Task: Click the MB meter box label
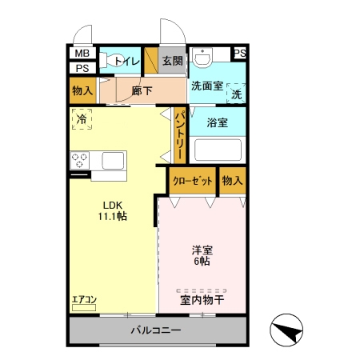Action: (x=82, y=54)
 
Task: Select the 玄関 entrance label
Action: (x=173, y=61)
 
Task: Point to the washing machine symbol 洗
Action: (x=236, y=93)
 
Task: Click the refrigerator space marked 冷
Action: (x=82, y=119)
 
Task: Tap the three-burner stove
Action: (x=80, y=160)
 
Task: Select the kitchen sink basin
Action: (x=113, y=161)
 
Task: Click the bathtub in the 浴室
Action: (x=218, y=150)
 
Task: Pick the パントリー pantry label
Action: (x=180, y=136)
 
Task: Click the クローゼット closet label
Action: (x=193, y=181)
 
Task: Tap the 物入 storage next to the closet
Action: (x=232, y=181)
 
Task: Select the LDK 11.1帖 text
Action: (x=113, y=211)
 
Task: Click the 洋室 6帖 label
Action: (x=202, y=256)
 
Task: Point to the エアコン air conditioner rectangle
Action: (x=84, y=307)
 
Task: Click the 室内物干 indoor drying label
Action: (x=202, y=300)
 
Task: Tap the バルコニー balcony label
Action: (x=156, y=330)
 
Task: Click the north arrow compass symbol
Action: (x=286, y=330)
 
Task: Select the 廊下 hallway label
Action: (x=142, y=90)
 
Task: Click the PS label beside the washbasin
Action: (x=239, y=53)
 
